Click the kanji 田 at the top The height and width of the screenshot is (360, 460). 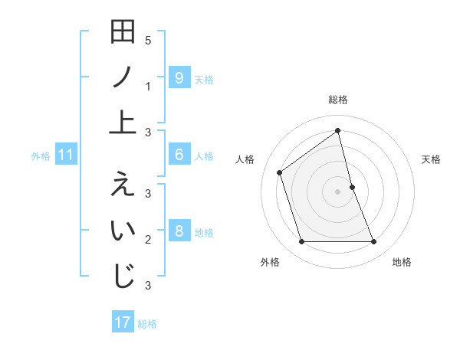123,34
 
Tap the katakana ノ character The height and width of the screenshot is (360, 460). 123,77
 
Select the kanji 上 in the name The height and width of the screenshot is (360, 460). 123,121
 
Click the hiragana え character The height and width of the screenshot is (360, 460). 123,186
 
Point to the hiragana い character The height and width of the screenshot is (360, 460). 123,231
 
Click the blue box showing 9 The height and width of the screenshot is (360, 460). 179,77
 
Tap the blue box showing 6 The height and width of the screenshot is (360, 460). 179,155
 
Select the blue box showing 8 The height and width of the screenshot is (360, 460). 179,231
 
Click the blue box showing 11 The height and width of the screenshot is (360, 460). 66,155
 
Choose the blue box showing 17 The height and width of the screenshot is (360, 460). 123,322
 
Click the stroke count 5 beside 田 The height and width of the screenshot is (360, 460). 148,40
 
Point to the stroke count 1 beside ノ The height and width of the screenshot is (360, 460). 148,87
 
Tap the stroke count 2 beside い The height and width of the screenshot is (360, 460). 148,240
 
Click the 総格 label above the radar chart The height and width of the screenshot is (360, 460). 337,100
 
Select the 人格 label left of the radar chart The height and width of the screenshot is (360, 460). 245,159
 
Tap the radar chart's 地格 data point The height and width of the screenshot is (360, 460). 374,242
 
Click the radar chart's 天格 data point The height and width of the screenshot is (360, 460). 352,186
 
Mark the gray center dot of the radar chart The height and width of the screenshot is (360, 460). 337,191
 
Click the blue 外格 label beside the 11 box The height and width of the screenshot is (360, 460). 41,156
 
